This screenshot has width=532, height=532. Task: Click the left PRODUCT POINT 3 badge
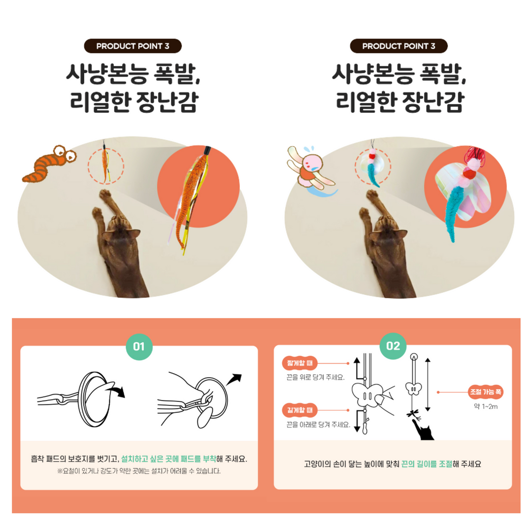133,46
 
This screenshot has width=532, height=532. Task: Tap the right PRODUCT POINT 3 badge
399,46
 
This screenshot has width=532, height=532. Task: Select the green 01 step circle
139,346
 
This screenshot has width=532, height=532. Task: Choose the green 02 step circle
393,346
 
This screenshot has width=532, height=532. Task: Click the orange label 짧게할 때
299,364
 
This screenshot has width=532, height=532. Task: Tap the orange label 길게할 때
299,410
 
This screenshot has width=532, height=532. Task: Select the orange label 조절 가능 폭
485,393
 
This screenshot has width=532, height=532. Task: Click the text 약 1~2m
485,407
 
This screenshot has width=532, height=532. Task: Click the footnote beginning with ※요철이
139,471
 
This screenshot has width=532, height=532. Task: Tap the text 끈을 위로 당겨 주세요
315,377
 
